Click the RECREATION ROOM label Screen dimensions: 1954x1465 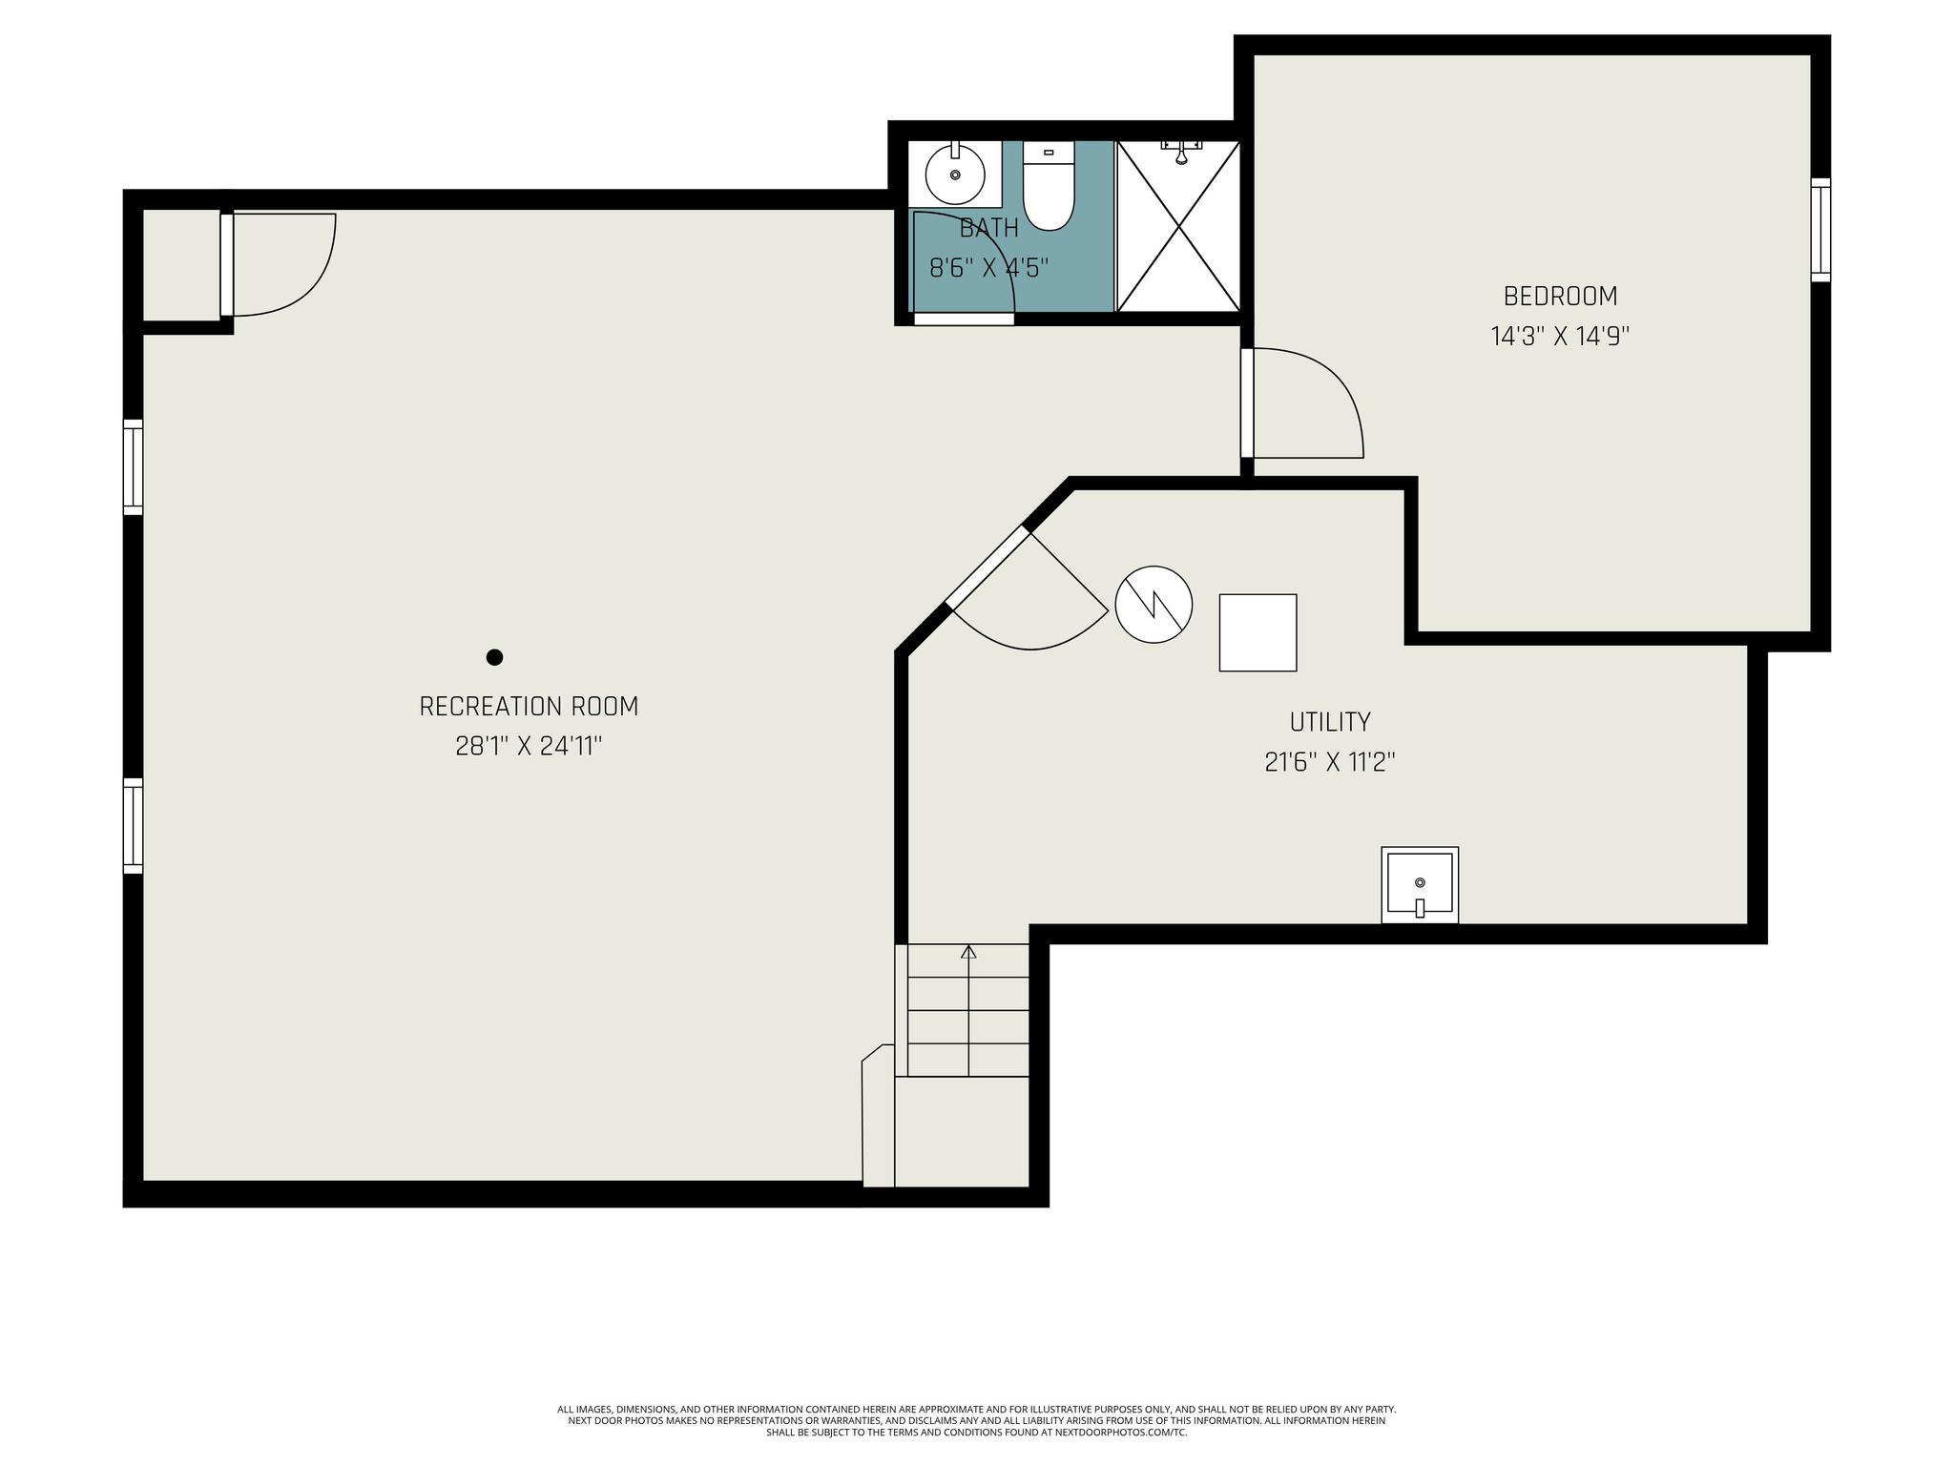pos(529,707)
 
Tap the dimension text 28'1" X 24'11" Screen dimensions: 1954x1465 pos(529,746)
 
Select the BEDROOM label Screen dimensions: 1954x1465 pos(1560,297)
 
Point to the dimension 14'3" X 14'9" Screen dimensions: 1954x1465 pos(1560,337)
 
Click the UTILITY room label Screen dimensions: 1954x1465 pos(1330,722)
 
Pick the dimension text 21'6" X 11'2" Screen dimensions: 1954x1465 pos(1330,762)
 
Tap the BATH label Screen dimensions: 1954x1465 pos(989,228)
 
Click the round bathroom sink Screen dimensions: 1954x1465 pos(955,175)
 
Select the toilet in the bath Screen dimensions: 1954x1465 pos(1049,186)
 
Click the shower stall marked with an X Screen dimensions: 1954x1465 pos(1178,226)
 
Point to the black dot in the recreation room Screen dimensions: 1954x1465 pos(494,657)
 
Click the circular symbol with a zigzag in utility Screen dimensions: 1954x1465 pos(1154,605)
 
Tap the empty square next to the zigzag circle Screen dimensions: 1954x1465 pos(1258,632)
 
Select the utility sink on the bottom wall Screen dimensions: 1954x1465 pos(1420,885)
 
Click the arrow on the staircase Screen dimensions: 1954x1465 pos(968,1010)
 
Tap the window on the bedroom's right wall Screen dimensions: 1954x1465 pos(1821,230)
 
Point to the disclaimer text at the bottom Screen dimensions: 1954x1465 pos(976,1420)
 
